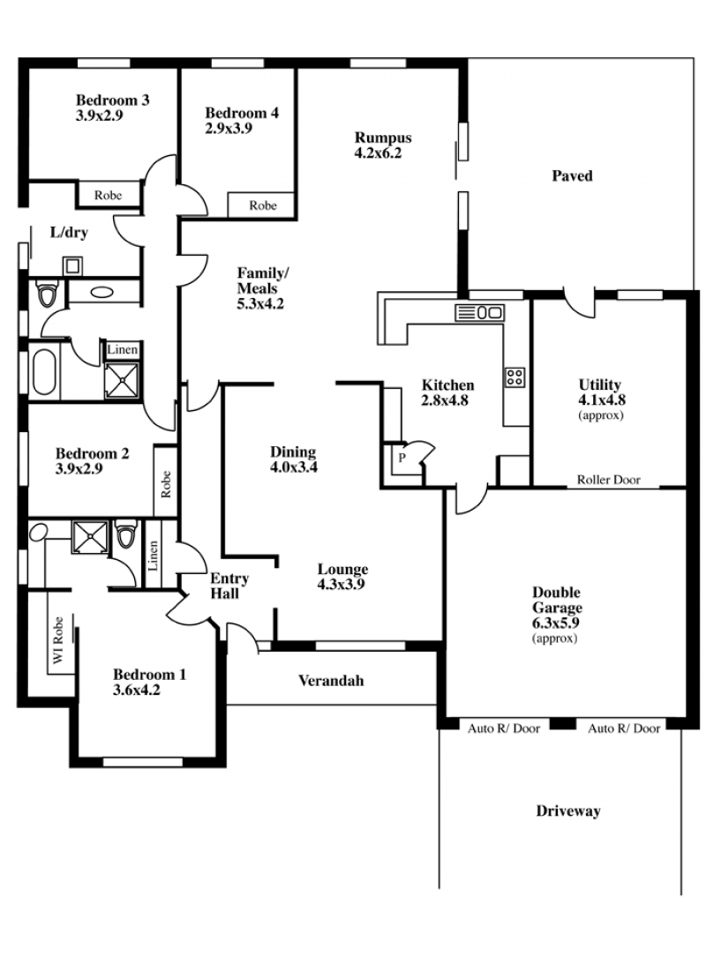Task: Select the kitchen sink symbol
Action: (479, 312)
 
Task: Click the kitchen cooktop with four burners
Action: (515, 377)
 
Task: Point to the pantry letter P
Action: (402, 458)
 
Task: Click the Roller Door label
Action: (609, 480)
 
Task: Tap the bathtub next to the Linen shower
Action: (44, 372)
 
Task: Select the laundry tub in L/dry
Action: (72, 266)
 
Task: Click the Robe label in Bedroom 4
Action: (263, 205)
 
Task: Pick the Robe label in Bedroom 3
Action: (108, 195)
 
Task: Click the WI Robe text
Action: (58, 640)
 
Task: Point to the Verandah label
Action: (331, 681)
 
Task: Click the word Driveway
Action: (568, 810)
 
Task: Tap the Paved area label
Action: (572, 175)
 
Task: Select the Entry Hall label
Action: (229, 586)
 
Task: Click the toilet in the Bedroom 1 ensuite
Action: (126, 534)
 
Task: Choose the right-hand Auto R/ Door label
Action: (624, 728)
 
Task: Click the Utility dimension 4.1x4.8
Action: (602, 399)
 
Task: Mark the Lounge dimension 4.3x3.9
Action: (341, 585)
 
